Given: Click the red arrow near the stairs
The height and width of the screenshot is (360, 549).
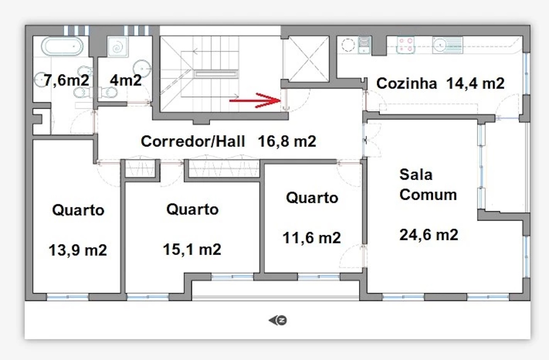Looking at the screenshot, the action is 255,100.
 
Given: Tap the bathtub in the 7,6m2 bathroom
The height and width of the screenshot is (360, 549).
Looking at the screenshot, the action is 62,46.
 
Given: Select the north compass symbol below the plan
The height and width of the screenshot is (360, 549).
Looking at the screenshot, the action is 278,320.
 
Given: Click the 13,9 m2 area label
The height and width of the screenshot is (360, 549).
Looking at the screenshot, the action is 78,251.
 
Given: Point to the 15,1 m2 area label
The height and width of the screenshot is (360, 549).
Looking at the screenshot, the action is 192,249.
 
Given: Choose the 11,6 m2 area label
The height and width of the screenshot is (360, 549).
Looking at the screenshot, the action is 312,237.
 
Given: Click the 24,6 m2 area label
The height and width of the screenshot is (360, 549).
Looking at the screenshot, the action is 429,235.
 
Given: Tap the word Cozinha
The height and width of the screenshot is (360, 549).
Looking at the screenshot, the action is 407,83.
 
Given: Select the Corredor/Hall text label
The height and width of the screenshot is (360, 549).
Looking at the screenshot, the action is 193,141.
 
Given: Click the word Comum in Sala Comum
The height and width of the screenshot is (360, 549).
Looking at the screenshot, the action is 428,195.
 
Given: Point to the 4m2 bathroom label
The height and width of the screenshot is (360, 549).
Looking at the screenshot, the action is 126,80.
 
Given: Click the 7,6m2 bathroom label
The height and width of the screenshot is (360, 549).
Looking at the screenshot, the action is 66,80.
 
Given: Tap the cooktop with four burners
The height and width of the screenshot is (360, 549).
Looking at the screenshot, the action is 405,45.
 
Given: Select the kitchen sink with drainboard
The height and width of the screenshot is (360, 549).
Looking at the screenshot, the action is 448,45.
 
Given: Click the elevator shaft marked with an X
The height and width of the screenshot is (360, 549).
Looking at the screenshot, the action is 306,59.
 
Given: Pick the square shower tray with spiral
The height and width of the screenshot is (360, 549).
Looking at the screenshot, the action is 118,47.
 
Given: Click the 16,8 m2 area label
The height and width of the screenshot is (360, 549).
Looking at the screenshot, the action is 287,141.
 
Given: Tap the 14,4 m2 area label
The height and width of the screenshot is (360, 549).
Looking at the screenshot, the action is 476,83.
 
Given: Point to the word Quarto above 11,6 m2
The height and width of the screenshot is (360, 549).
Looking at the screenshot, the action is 312,198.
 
